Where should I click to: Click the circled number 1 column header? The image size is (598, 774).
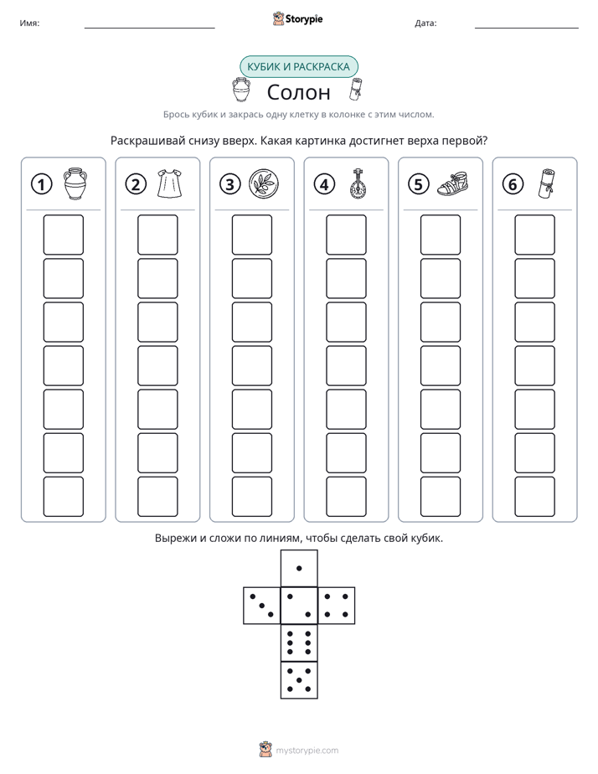pos(41,184)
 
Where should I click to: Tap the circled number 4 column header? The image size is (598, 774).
pos(324,184)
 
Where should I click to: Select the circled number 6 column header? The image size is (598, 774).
pos(513,184)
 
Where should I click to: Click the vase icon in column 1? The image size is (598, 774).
pos(75,183)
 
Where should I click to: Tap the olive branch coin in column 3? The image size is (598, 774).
pos(264,184)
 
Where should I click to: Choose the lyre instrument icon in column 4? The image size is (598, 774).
pos(356,183)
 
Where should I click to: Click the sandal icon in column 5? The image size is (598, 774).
pos(452,183)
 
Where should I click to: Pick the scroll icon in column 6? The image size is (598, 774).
pos(545,183)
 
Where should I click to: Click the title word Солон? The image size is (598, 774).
pos(298,92)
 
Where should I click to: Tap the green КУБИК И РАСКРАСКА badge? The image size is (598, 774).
pos(298,67)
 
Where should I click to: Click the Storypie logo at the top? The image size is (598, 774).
pos(297,18)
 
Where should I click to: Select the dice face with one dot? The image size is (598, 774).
pos(299,568)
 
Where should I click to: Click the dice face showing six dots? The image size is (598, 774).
pos(299,642)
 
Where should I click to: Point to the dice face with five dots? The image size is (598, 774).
pos(299,680)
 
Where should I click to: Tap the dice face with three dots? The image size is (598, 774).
pos(262,605)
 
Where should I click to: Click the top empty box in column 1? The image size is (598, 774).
pos(64,235)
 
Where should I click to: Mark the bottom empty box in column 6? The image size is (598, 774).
pos(535,497)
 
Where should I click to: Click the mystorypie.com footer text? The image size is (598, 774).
pos(307,751)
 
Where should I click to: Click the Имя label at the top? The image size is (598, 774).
pos(29,23)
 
